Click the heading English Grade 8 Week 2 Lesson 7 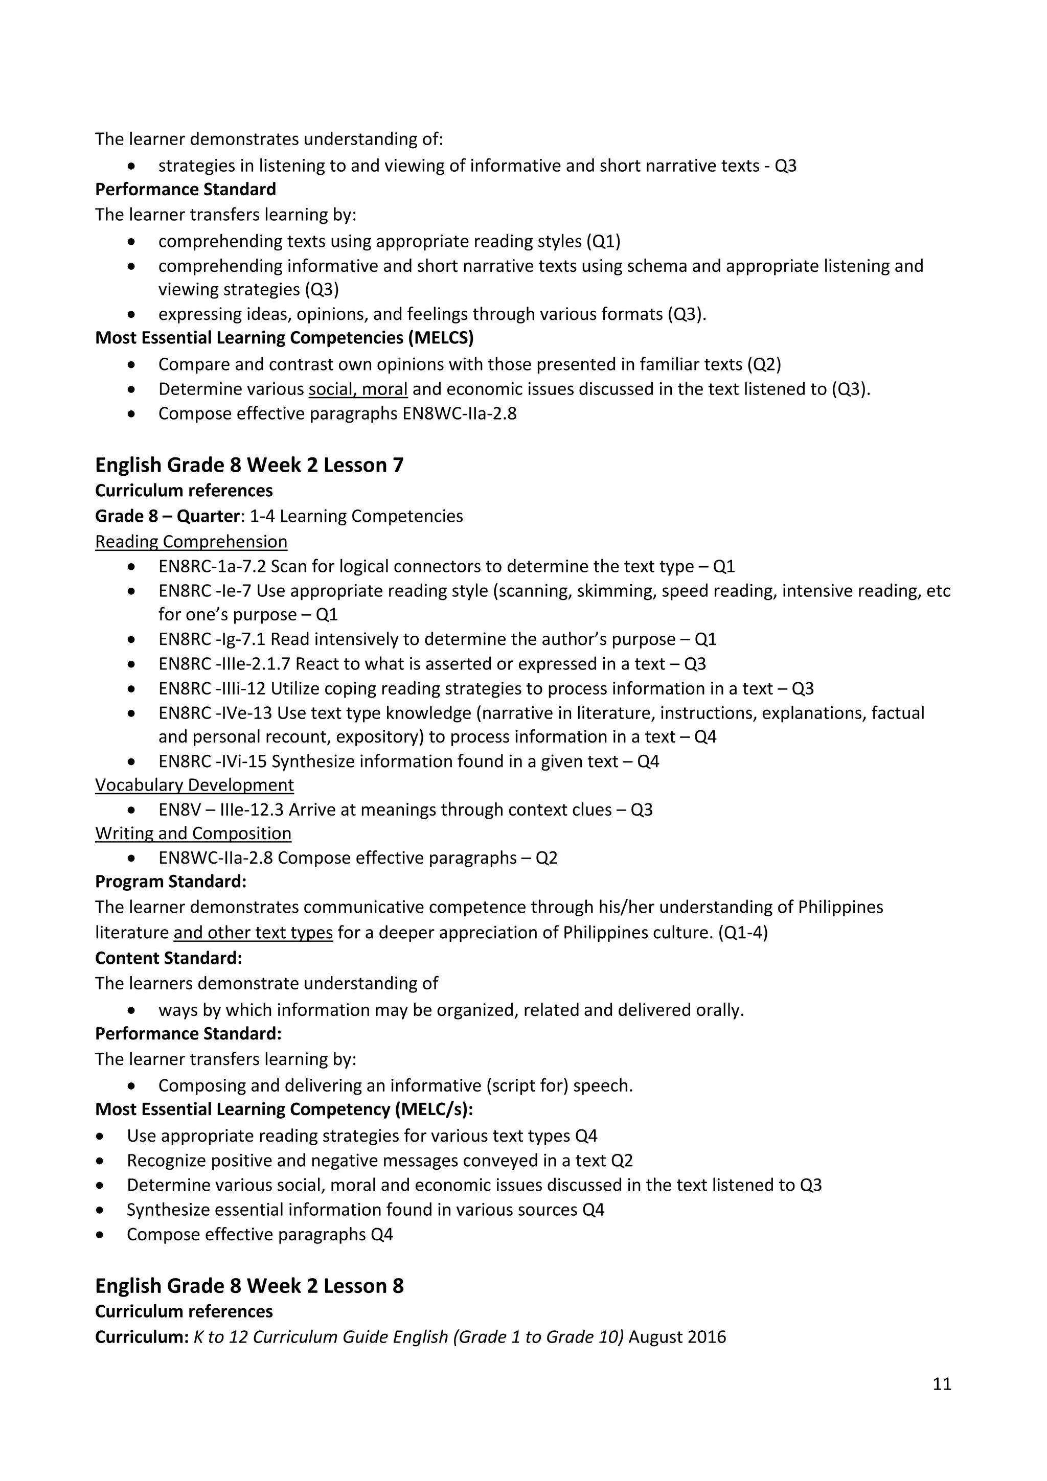[x=249, y=465]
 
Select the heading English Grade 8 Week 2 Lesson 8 [x=249, y=1286]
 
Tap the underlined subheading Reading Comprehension [x=191, y=541]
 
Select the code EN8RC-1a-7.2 [x=212, y=566]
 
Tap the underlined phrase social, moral [x=357, y=389]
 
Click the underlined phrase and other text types [x=253, y=932]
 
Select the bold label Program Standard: [x=170, y=881]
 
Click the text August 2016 [x=677, y=1336]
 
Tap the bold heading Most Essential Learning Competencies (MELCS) [x=284, y=338]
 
